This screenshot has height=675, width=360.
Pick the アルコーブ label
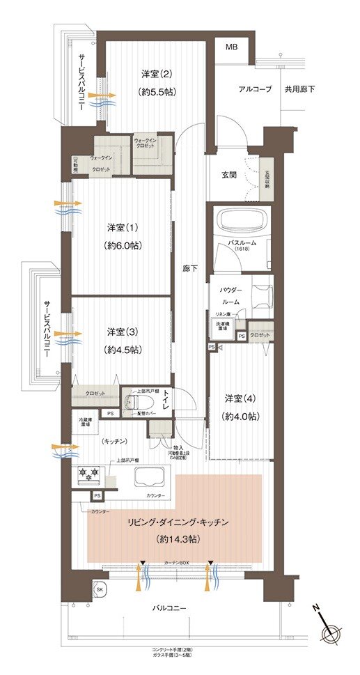click(255, 89)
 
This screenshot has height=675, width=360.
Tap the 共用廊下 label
click(299, 89)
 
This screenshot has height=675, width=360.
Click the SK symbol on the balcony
click(100, 589)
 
